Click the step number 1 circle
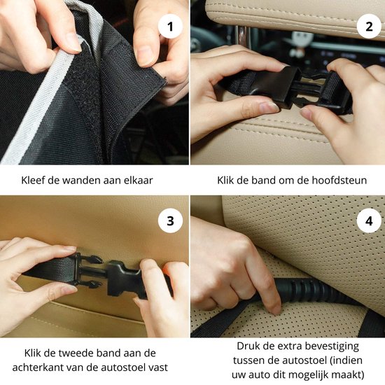[x=170, y=27]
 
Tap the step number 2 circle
[x=369, y=27]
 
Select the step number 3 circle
[x=170, y=220]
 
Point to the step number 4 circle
[x=369, y=220]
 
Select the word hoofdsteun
[x=339, y=180]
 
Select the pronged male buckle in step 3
[x=88, y=272]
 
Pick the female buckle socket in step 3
[x=125, y=279]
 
